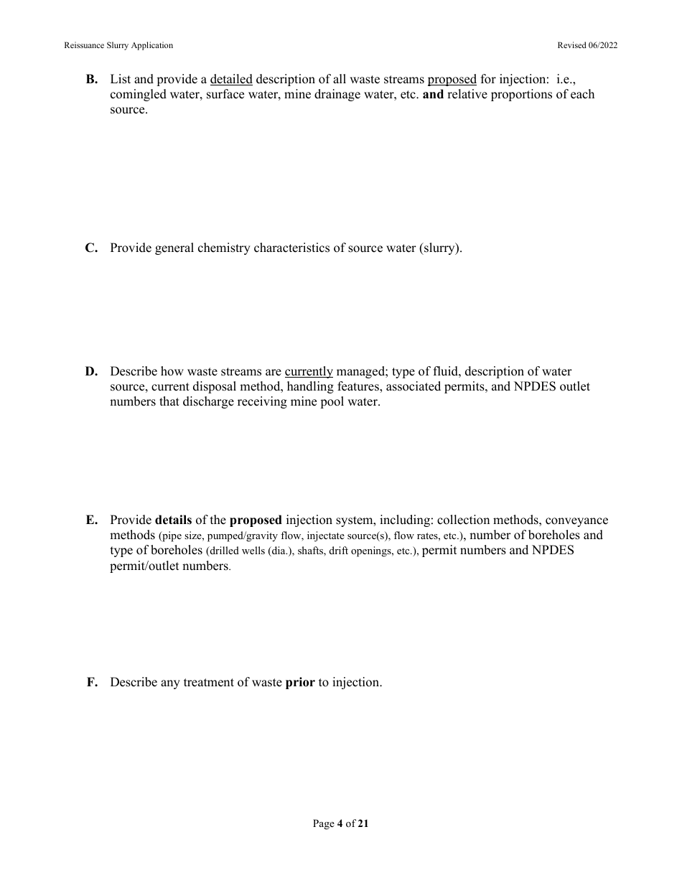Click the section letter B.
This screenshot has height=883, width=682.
coord(91,80)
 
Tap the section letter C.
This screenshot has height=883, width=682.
coord(91,248)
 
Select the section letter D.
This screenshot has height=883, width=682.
coord(91,372)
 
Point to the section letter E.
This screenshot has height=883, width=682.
coord(91,520)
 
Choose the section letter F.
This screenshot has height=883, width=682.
coord(91,683)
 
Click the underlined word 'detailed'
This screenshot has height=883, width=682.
coord(231,80)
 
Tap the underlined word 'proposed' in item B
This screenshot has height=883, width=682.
coord(452,80)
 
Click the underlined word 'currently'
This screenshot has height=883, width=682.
coord(309,372)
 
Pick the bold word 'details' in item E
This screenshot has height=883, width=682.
coord(173,520)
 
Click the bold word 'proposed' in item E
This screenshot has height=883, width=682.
coord(256,520)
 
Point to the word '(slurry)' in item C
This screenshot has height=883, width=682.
coord(441,248)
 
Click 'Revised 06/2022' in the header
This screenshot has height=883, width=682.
coord(587,45)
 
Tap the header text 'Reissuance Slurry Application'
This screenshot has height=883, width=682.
coord(118,45)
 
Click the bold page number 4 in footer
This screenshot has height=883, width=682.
coord(340,824)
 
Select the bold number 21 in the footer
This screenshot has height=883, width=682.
coord(363,824)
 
